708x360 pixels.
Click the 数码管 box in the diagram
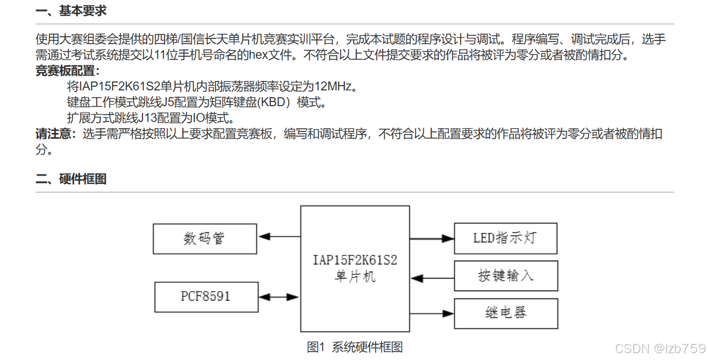pyautogui.click(x=205, y=239)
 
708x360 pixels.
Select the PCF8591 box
pyautogui.click(x=206, y=296)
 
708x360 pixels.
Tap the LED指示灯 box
pyautogui.click(x=505, y=238)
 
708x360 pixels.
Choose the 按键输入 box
pyautogui.click(x=505, y=275)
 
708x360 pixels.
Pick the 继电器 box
pyautogui.click(x=505, y=314)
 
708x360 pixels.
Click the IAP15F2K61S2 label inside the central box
pyautogui.click(x=355, y=260)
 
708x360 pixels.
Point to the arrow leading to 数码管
pyautogui.click(x=279, y=236)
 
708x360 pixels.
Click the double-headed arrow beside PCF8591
pyautogui.click(x=279, y=297)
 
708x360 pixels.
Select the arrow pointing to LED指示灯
pyautogui.click(x=432, y=239)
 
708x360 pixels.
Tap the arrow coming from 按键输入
pyautogui.click(x=432, y=276)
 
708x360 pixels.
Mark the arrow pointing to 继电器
pyautogui.click(x=432, y=314)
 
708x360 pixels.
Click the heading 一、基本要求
pyautogui.click(x=71, y=11)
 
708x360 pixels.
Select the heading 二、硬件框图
pyautogui.click(x=71, y=179)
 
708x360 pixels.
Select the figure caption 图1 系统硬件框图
pyautogui.click(x=355, y=347)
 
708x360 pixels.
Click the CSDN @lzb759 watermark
pyautogui.click(x=660, y=348)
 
